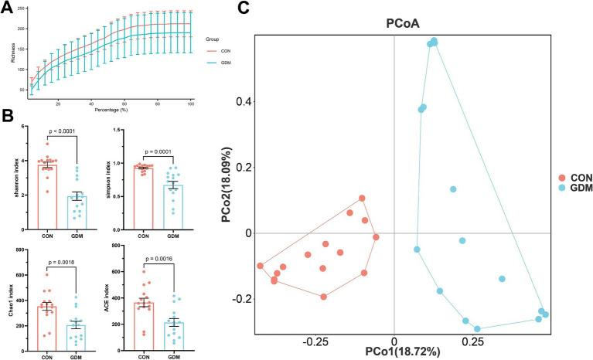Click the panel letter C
pyautogui.click(x=243, y=8)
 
